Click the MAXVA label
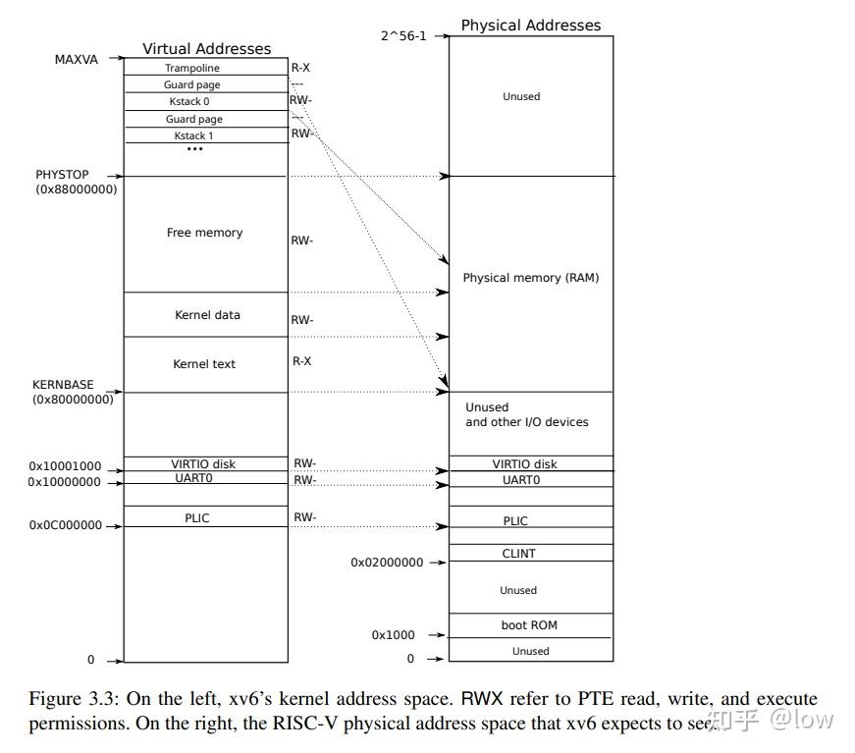pos(77,60)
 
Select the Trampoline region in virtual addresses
pos(206,67)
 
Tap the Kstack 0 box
pos(206,101)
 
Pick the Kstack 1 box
pos(206,135)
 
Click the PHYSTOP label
pos(62,175)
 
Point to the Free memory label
pos(204,233)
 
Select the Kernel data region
pos(206,314)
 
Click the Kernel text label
pos(204,363)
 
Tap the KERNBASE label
pos(63,385)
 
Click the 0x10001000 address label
pos(65,466)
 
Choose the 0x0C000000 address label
pos(66,525)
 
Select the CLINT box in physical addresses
pos(531,553)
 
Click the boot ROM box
pos(531,625)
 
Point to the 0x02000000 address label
pos(387,563)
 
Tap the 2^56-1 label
pos(403,36)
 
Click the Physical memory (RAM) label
pos(530,278)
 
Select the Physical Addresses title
pos(530,26)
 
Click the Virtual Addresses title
pos(207,48)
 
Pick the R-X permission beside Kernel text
pos(301,361)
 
